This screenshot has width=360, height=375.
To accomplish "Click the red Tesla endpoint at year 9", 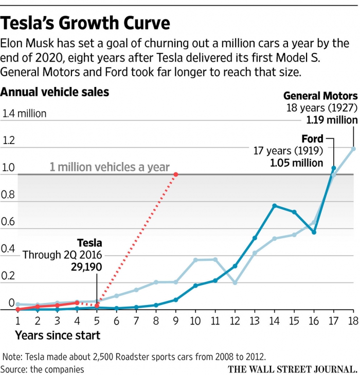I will pos(176,174).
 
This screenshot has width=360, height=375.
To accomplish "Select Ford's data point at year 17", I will pos(333,168).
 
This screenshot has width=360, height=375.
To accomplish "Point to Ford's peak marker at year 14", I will pos(275,206).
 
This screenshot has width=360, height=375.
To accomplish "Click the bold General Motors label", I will pos(320,96).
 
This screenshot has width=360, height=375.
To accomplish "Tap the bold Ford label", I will pos(312,139).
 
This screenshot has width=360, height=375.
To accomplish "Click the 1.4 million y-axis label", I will pos(25,113).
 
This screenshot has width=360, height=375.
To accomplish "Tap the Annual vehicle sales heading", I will pos(55,93).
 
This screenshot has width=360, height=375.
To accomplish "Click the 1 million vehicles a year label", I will pos(110,167).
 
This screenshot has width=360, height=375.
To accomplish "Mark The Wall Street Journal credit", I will pos(292,368).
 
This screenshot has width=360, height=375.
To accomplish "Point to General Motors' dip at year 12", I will pos(235,283).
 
